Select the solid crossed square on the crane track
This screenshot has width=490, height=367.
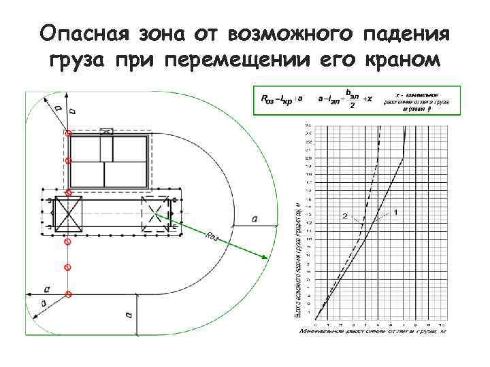68,214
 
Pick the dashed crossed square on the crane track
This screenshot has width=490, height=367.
154,213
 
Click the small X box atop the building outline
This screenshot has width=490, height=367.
106,131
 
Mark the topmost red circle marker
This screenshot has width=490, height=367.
67,133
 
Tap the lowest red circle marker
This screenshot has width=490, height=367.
67,294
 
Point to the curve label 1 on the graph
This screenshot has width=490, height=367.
395,213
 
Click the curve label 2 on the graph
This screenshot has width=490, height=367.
345,216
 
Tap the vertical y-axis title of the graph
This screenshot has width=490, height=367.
298,258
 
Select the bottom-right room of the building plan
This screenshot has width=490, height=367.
125,173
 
